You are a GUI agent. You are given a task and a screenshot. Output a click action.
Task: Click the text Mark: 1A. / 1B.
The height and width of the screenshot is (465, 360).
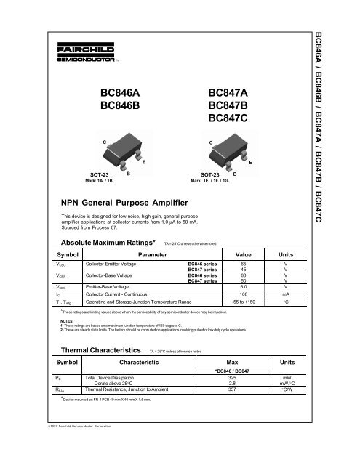tap(99, 181)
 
